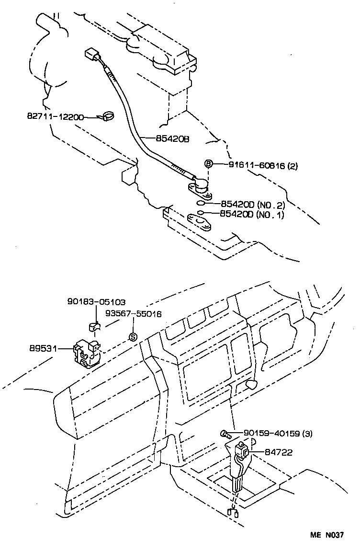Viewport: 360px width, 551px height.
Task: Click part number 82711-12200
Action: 56,117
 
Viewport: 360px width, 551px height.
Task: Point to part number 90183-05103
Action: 96,302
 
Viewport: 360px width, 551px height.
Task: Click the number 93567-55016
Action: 134,314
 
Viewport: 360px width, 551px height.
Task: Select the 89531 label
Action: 44,349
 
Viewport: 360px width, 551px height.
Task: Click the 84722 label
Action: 279,452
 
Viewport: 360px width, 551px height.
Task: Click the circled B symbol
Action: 209,164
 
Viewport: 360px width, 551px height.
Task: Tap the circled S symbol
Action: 133,337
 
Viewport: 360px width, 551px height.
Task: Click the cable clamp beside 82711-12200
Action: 107,116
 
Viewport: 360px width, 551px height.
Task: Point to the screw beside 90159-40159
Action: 225,435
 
